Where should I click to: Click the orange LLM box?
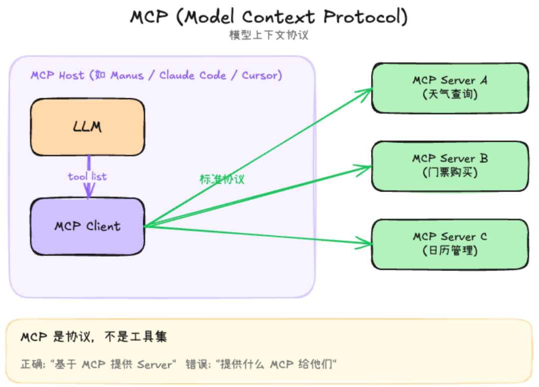pos(88,127)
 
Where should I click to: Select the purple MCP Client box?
pos(88,226)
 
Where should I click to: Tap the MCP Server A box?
pos(450,88)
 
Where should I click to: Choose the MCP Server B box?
pos(450,166)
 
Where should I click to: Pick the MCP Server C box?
pos(450,244)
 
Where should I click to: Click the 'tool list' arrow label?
pos(87,177)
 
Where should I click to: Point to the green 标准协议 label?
pos(222,179)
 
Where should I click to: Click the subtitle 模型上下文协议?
pos(269,35)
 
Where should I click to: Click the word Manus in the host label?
pos(127,75)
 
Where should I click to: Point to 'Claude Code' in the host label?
pos(193,75)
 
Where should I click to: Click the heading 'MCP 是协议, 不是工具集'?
pos(94,337)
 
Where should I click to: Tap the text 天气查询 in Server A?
pos(450,94)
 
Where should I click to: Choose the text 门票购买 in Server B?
pos(450,172)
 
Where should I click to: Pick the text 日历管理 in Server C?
pos(450,250)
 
